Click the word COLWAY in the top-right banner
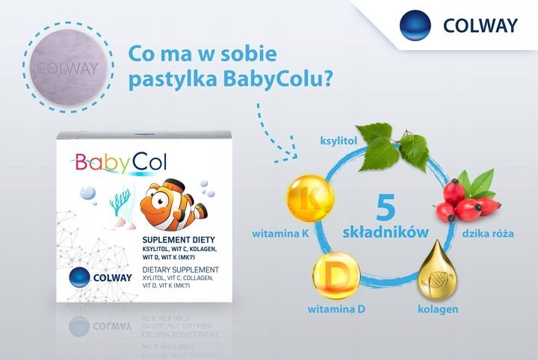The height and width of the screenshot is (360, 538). (480, 25)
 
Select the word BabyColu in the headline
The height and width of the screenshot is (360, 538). (279, 79)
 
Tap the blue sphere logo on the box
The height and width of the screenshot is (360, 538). (79, 277)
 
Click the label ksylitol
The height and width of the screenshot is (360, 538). (338, 140)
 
